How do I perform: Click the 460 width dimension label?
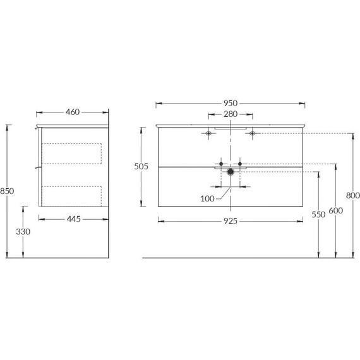(x=71, y=112)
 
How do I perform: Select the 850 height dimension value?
(x=7, y=191)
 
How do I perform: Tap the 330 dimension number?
(x=23, y=232)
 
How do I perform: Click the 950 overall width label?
(x=230, y=103)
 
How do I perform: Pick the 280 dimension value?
(x=230, y=115)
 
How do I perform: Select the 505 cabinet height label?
(x=141, y=166)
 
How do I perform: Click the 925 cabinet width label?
(x=230, y=220)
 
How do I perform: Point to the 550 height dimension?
(x=318, y=214)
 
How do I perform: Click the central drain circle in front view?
(x=231, y=171)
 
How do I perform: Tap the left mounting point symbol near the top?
(x=208, y=133)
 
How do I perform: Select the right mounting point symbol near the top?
(x=252, y=133)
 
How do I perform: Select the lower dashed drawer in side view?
(x=71, y=195)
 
